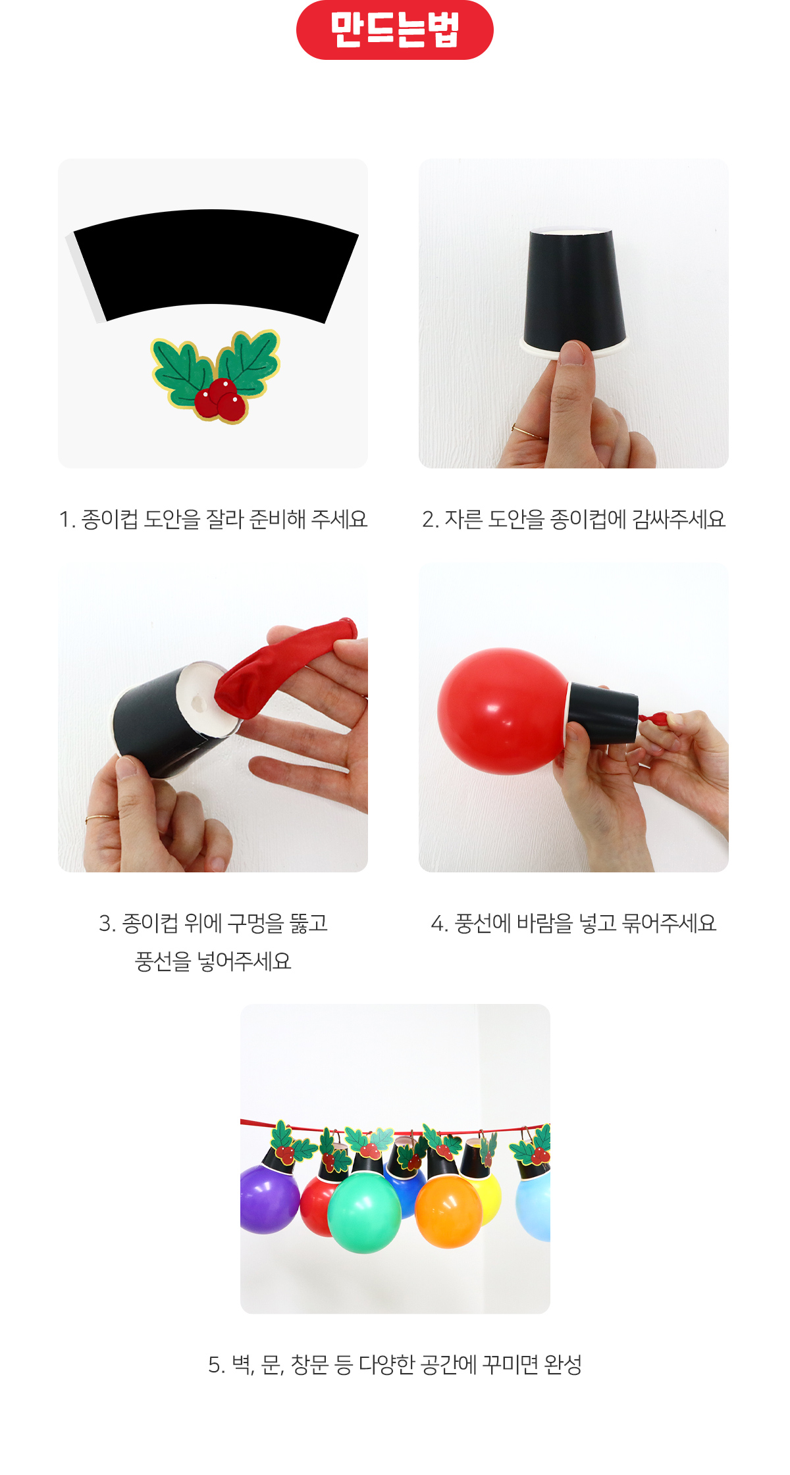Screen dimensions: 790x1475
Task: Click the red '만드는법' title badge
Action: tap(395, 30)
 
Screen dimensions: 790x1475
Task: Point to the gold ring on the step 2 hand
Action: tap(527, 432)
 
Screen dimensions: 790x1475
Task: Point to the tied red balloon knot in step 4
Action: tap(652, 718)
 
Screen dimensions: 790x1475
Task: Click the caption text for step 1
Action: tap(213, 519)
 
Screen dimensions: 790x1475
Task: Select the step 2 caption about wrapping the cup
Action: tap(573, 519)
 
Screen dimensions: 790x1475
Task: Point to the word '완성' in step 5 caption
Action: tap(563, 1364)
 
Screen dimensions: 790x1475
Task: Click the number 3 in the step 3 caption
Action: tap(105, 924)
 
